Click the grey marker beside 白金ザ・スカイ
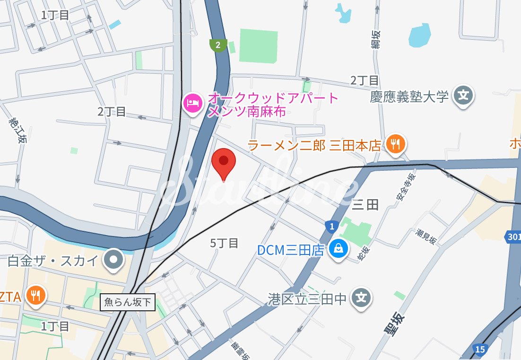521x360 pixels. pos(114,260)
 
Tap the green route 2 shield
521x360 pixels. pos(217,45)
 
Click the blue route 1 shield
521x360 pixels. pos(332,227)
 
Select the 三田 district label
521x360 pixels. pos(365,204)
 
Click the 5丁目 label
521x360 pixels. pos(224,243)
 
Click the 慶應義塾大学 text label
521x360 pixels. pos(409,97)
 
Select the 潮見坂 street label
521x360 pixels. pos(426,236)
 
